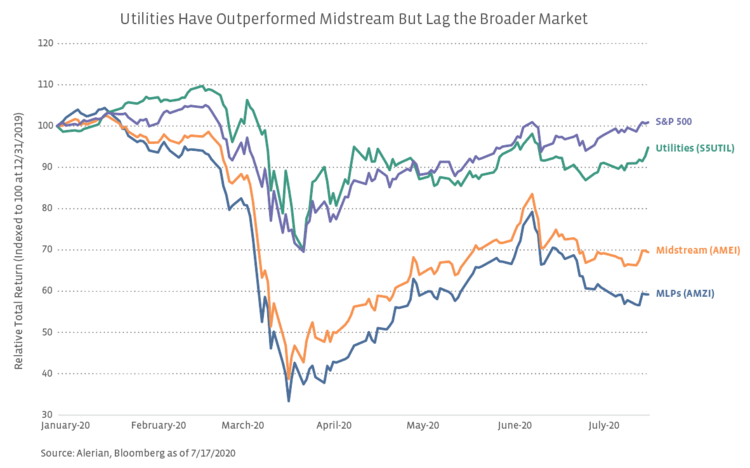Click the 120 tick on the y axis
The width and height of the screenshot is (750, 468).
point(46,43)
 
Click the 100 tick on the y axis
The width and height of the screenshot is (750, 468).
point(46,125)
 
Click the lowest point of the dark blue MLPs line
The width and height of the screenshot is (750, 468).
point(289,401)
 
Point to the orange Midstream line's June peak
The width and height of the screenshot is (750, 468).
point(532,194)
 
